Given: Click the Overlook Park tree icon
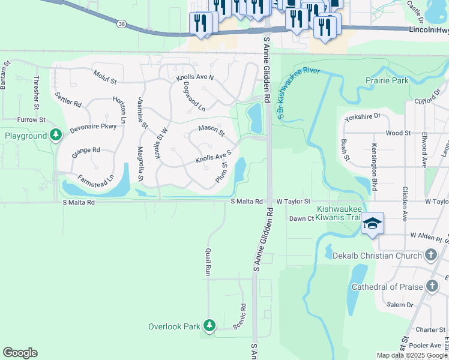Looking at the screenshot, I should (x=209, y=326).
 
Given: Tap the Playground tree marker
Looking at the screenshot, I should (x=56, y=136).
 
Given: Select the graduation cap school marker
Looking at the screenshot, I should (x=372, y=224).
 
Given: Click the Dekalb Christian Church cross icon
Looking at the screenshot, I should (x=430, y=255).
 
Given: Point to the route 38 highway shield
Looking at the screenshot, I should (x=122, y=23).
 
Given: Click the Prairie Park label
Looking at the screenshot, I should (x=387, y=80).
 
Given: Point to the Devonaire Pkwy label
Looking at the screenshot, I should (x=93, y=127).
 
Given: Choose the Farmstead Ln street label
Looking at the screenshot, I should (x=95, y=179).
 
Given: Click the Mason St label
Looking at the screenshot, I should (x=211, y=130).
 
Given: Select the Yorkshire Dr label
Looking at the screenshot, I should (x=363, y=118).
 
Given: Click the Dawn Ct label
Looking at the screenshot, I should (x=302, y=218).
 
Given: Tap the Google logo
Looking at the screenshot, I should (x=20, y=353).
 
